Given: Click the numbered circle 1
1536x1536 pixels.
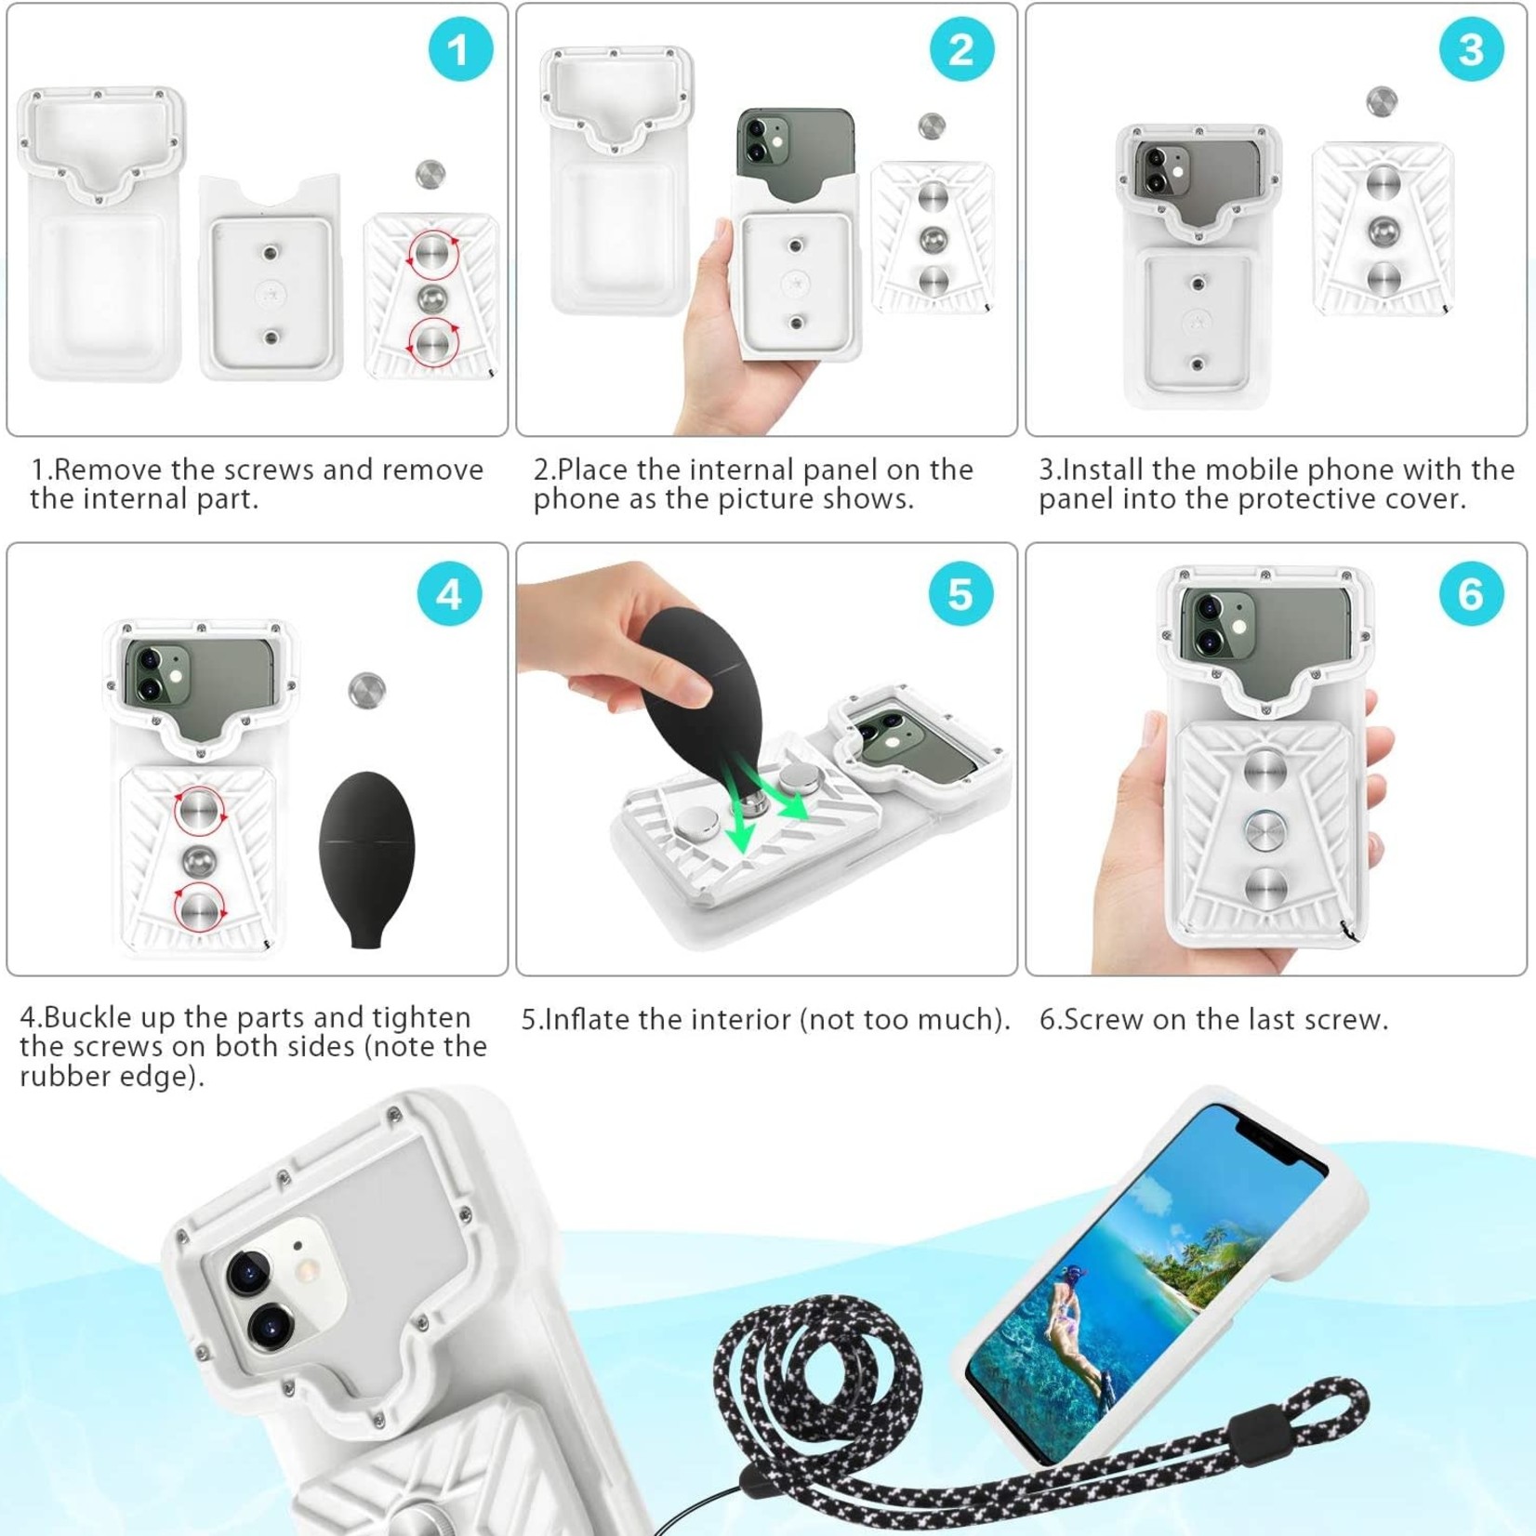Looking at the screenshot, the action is pyautogui.click(x=460, y=49).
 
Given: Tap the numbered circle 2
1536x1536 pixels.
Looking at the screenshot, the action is pyautogui.click(x=961, y=49).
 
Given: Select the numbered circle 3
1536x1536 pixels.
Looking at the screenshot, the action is pyautogui.click(x=1471, y=49).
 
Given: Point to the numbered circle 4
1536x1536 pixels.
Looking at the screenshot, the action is pyautogui.click(x=449, y=594).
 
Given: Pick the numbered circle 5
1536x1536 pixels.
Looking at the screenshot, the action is pyautogui.click(x=960, y=594).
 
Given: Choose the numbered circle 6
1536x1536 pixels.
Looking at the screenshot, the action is pyautogui.click(x=1471, y=594).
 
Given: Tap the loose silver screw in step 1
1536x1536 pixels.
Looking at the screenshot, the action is pyautogui.click(x=430, y=174).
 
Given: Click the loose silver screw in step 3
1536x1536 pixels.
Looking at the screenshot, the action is pyautogui.click(x=1382, y=102).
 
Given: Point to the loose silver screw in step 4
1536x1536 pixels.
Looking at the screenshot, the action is pyautogui.click(x=367, y=690).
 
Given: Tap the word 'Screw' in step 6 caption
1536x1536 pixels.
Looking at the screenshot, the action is pyautogui.click(x=1104, y=1019).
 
